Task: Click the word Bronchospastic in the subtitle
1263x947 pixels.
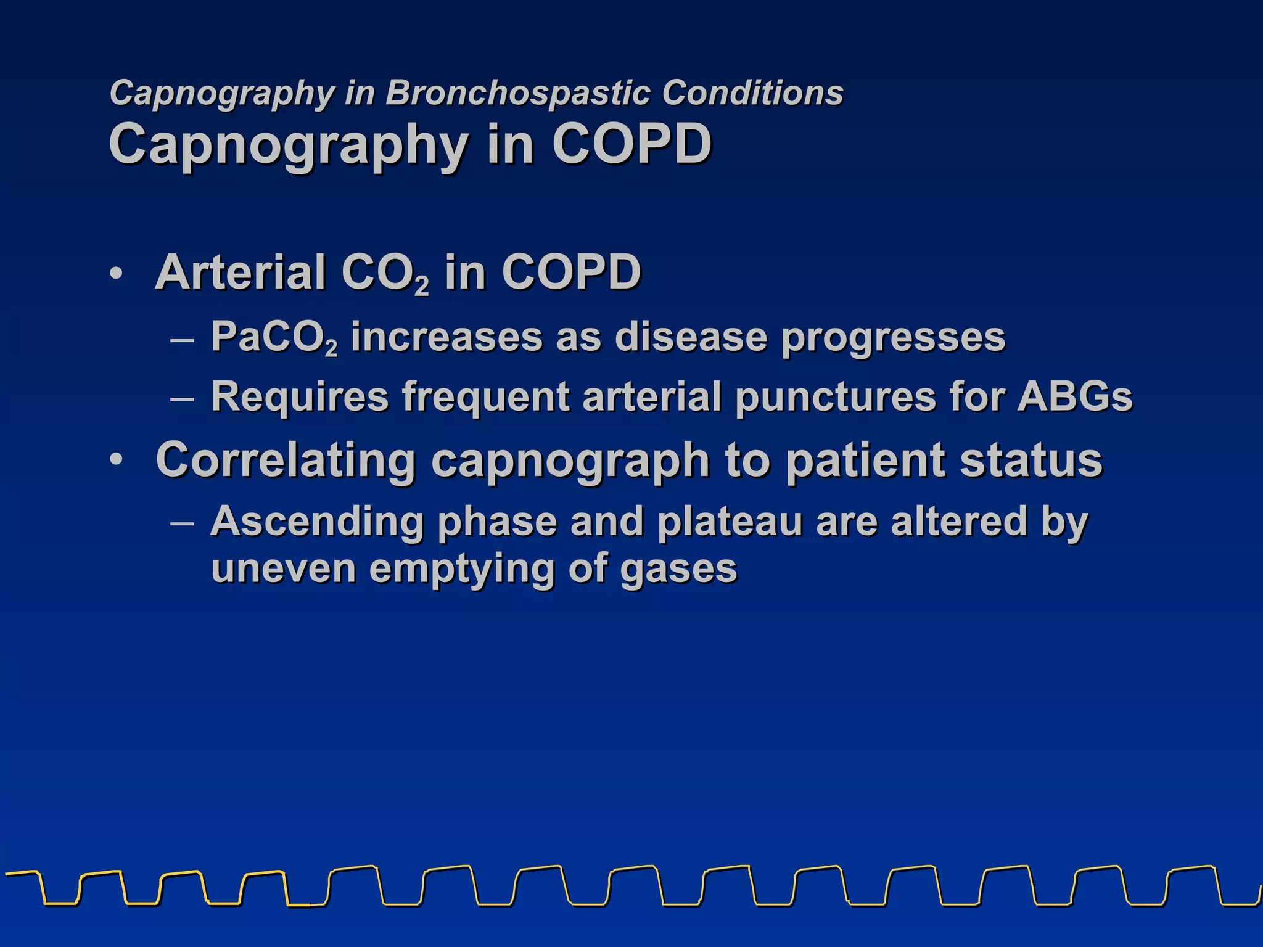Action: coord(517,93)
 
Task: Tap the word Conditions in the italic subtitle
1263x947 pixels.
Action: coord(752,93)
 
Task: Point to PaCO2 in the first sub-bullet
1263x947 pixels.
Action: coord(274,338)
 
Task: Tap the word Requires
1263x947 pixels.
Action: coord(300,397)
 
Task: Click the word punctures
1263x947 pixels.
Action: coord(836,397)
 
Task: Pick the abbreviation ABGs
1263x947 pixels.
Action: coord(1075,396)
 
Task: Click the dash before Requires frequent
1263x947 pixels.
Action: coord(183,398)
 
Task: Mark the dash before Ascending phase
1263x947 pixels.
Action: coord(183,523)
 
